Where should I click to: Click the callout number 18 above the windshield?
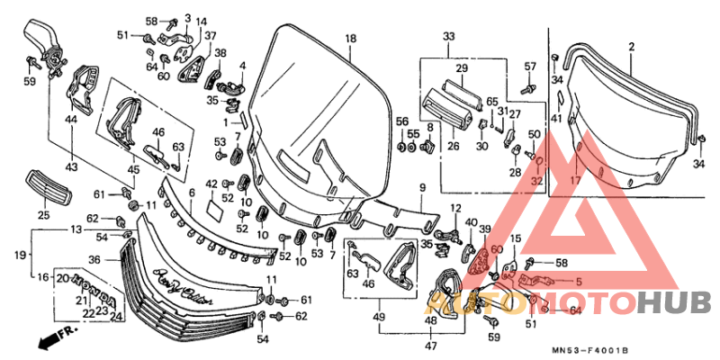click(350, 38)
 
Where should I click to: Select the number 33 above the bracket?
click(449, 36)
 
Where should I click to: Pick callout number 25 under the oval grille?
click(43, 215)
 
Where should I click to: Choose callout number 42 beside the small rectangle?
click(212, 184)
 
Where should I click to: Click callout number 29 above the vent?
click(461, 68)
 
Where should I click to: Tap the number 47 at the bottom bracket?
click(431, 346)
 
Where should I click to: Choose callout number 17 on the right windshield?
click(569, 179)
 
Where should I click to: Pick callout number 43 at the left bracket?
click(71, 167)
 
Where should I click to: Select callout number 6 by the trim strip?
click(191, 193)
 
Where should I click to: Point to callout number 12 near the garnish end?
click(455, 209)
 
